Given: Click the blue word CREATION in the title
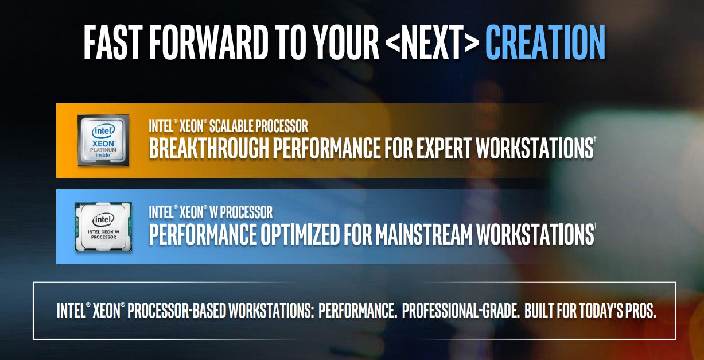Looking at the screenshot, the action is coord(545,42).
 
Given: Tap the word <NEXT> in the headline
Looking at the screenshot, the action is coord(432,42).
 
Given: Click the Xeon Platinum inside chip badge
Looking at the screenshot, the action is coord(103,140).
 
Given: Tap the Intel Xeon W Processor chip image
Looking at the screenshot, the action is coord(103,227).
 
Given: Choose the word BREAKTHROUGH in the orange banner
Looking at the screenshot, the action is coord(209,148).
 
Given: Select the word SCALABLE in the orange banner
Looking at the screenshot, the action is coord(231,126).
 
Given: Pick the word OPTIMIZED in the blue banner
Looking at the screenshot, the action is coord(300,234).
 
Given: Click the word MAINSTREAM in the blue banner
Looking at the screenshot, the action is coord(424,234).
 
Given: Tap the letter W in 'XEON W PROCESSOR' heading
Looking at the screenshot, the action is coord(213,212).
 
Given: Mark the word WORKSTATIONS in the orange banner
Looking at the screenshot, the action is coord(535,148).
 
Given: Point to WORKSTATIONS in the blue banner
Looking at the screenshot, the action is coord(535,234).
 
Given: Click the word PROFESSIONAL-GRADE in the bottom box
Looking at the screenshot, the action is coord(461,310).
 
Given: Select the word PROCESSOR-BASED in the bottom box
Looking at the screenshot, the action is coord(176,310).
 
